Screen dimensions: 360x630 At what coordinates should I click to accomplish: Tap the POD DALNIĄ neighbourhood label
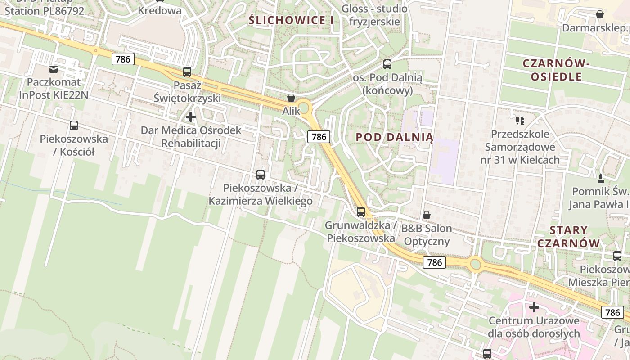[394, 137]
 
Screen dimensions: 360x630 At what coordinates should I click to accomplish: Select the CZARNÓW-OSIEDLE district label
[556, 70]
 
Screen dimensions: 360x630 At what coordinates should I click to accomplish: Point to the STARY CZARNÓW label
[569, 237]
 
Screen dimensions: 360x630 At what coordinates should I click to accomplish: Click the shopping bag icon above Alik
[291, 98]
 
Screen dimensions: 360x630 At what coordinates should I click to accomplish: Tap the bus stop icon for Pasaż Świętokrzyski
[187, 72]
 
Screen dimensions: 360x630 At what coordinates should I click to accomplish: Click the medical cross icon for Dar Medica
[191, 117]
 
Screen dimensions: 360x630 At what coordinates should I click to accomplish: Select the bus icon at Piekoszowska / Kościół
[74, 126]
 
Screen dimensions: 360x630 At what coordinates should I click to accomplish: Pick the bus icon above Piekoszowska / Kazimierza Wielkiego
[261, 174]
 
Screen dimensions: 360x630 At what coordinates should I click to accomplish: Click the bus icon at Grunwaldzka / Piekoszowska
[361, 211]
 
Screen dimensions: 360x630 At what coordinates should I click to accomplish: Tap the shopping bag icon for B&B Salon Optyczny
[427, 215]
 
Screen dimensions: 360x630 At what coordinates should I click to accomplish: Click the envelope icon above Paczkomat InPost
[54, 69]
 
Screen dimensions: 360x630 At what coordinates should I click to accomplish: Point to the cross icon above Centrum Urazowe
[534, 307]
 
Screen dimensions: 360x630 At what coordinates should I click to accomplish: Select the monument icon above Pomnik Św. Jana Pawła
[600, 178]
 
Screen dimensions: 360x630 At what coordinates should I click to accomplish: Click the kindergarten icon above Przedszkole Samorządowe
[520, 120]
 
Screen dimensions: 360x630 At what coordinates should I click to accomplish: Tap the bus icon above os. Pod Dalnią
[387, 64]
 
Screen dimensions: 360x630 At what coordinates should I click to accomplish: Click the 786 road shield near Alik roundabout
[319, 137]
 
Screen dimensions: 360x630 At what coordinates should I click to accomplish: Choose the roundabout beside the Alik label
[304, 108]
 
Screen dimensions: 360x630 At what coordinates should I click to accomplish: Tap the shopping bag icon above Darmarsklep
[600, 14]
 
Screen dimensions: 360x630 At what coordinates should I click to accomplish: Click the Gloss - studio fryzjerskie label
[374, 15]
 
